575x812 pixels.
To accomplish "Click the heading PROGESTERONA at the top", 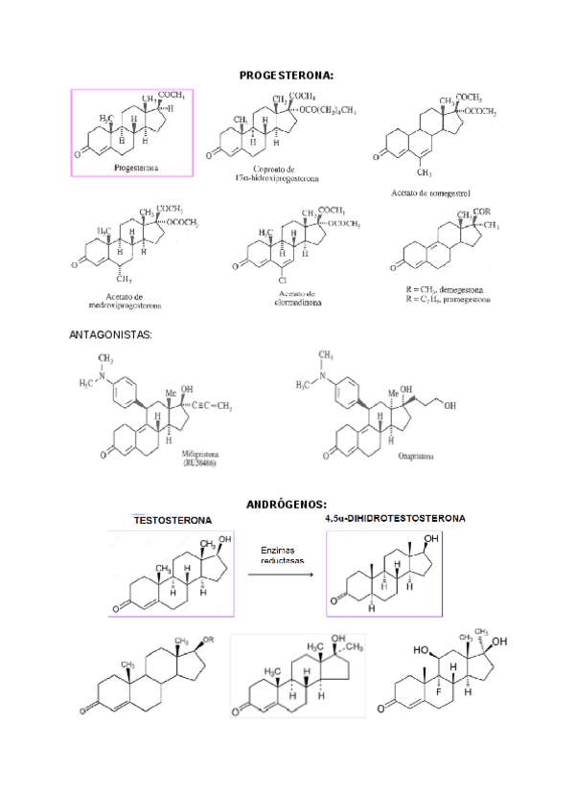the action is point(287,74).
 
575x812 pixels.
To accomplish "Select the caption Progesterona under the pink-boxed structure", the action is point(136,167).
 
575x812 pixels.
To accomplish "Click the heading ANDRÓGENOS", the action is point(287,504).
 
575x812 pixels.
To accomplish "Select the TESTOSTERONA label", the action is point(172,520).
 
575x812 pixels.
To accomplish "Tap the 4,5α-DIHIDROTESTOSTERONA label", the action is point(394,518).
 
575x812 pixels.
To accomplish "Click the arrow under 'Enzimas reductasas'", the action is point(281,575).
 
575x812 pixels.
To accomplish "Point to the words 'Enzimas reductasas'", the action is point(280,556).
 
